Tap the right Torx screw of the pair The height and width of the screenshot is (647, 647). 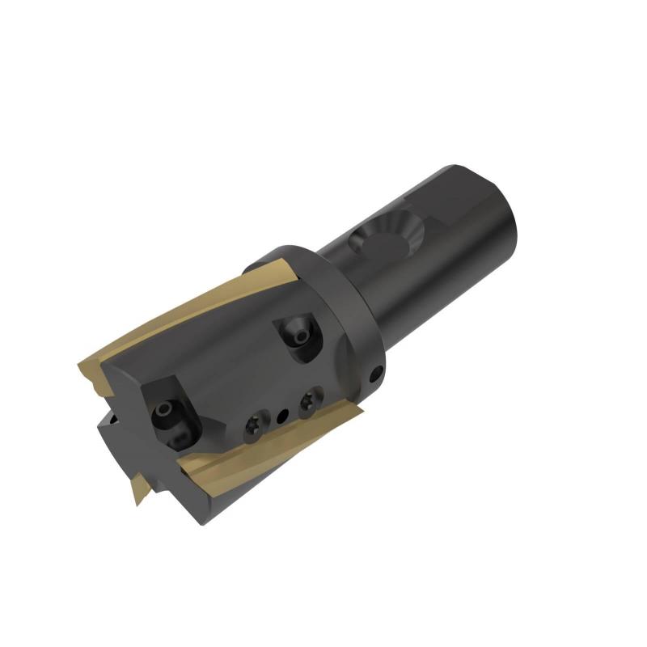pos(307,401)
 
